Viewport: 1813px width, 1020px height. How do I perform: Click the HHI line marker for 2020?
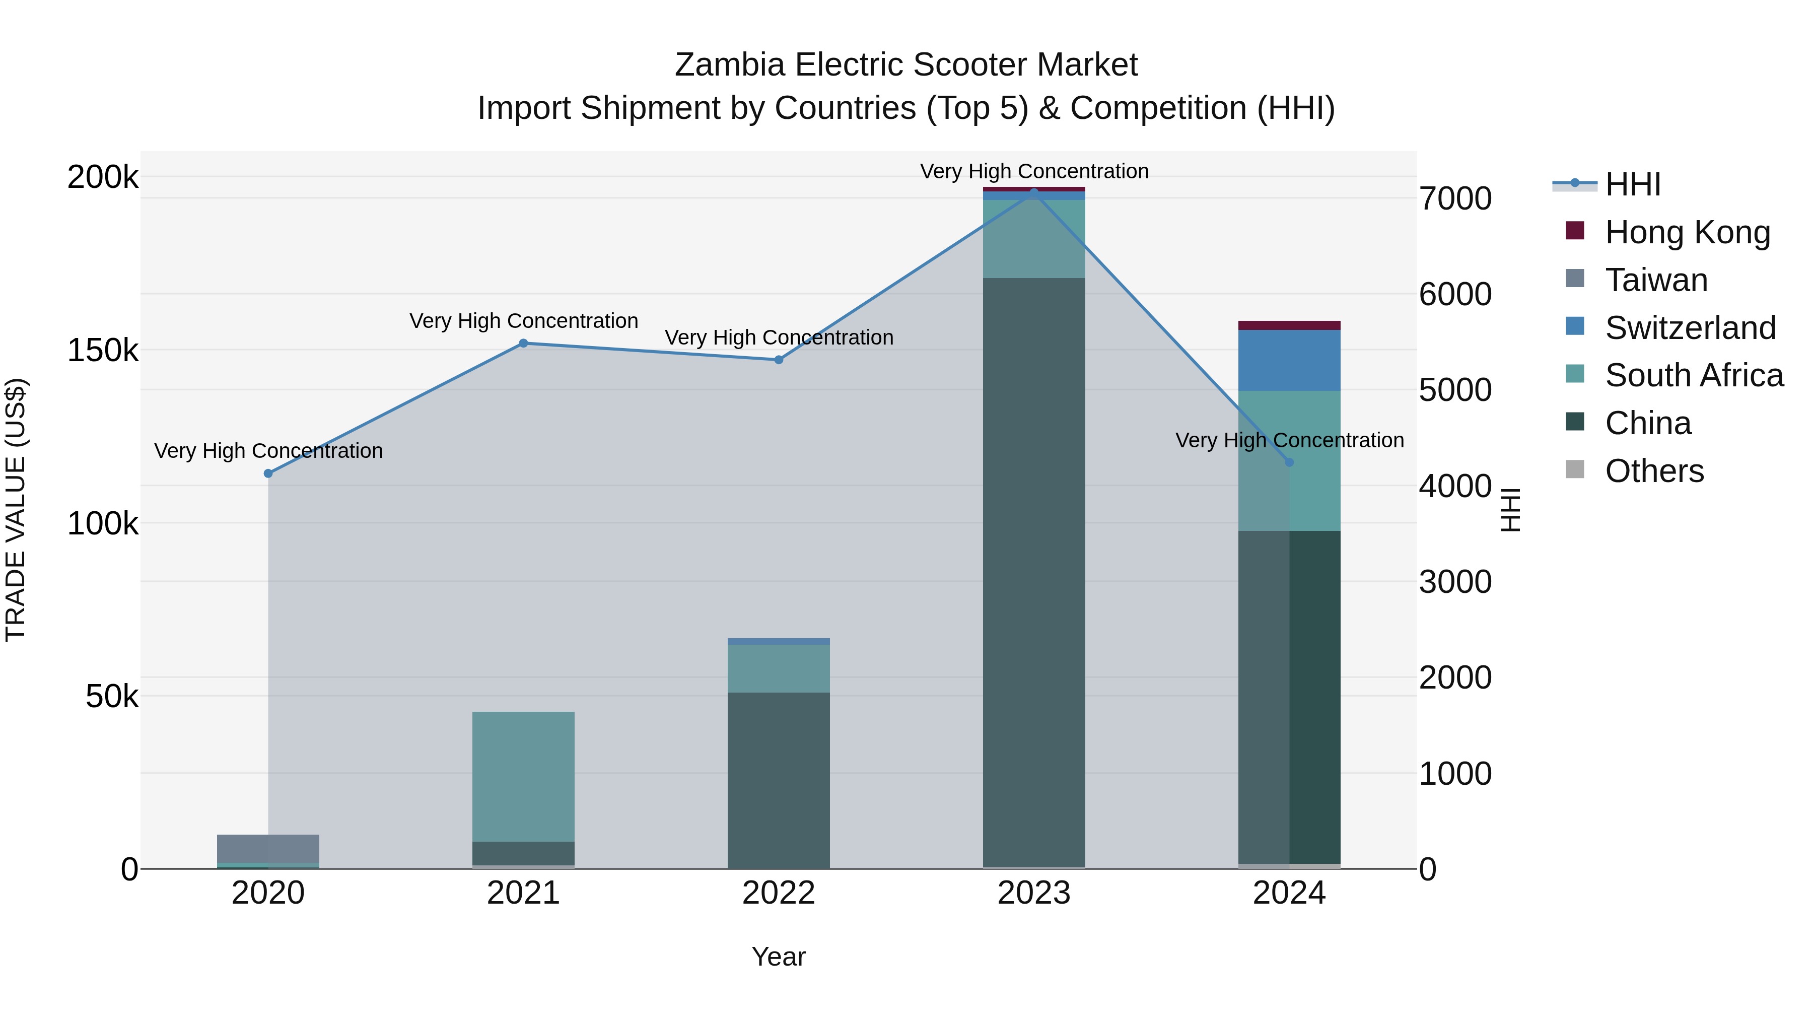point(268,474)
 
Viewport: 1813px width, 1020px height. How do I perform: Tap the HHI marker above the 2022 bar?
point(779,360)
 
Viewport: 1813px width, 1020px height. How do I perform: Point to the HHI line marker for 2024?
point(1289,462)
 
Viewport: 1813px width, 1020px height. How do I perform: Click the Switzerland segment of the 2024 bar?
point(1289,361)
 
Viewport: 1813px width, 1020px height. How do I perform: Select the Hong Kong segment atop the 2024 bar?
point(1289,325)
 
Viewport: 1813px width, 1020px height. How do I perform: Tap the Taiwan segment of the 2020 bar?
point(268,848)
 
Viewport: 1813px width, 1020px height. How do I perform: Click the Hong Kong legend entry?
point(1687,232)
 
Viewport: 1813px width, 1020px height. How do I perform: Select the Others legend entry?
point(1654,471)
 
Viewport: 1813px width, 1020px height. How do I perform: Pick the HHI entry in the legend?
point(1632,184)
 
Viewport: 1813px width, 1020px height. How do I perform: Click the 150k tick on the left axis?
point(103,351)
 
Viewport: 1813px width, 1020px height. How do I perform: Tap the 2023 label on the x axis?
point(1034,893)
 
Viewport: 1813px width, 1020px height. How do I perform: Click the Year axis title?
point(779,957)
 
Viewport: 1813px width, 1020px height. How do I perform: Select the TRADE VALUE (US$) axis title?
point(16,510)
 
